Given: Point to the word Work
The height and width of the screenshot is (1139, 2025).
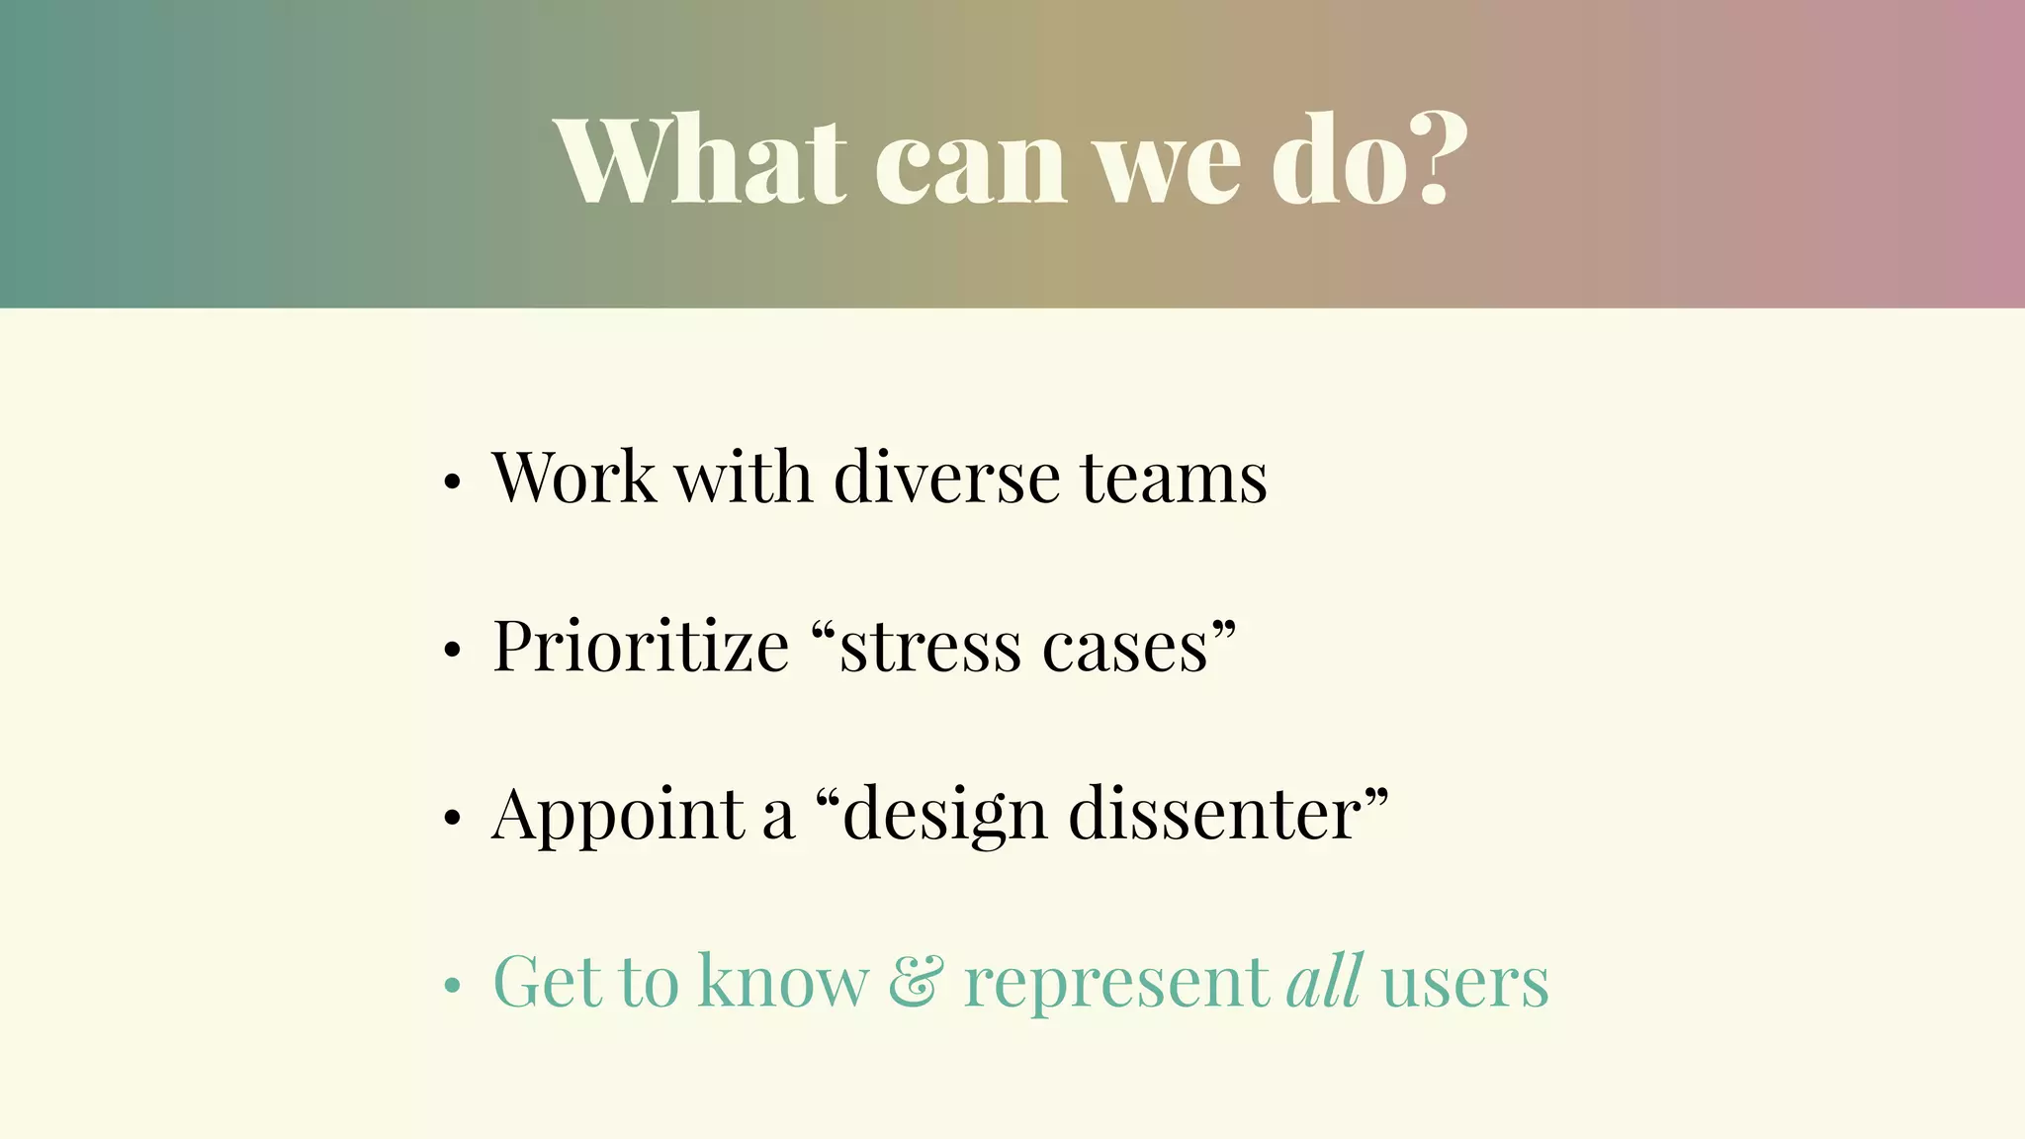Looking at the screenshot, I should click(573, 478).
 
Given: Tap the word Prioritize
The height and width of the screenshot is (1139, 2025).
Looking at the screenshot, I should click(641, 647).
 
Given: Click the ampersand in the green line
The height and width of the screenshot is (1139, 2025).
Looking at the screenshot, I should click(916, 983).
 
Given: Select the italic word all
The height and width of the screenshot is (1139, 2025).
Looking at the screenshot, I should click(1325, 981).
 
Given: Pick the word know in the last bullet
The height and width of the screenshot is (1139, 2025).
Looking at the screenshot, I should click(784, 983).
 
